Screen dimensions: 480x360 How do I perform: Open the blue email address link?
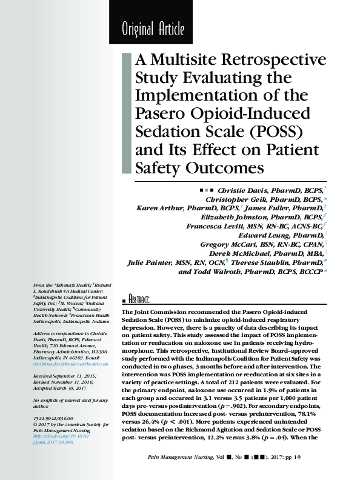[x=71, y=363]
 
